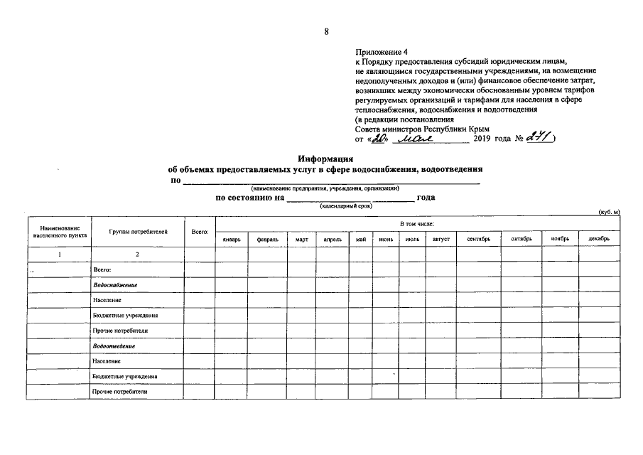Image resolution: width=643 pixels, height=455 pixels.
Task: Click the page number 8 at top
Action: (x=325, y=31)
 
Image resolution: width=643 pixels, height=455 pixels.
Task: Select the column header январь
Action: (x=232, y=239)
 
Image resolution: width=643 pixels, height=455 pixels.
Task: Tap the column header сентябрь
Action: (x=479, y=239)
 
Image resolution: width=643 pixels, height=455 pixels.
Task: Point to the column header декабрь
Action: (x=599, y=239)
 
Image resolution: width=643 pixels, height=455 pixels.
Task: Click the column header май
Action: (x=360, y=239)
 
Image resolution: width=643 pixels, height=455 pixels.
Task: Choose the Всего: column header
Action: (x=200, y=232)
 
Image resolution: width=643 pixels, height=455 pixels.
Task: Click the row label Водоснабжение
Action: (x=114, y=284)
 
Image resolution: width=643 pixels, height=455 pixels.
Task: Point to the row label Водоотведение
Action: (x=114, y=346)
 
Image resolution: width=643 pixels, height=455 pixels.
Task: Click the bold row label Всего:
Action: (x=103, y=269)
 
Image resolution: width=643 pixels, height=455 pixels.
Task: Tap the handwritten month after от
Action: (x=422, y=138)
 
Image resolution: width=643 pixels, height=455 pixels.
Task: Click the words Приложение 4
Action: (x=382, y=52)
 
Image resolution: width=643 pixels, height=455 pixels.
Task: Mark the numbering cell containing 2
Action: (x=138, y=254)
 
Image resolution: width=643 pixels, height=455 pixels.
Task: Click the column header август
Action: (x=441, y=239)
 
